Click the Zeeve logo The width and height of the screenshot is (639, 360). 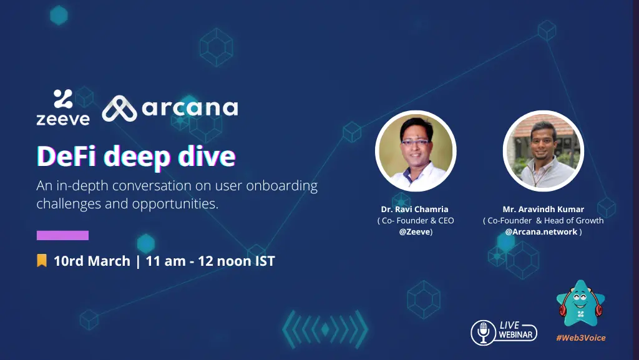tap(63, 107)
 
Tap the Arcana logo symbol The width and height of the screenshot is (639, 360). tap(119, 109)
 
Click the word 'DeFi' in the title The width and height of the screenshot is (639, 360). tap(67, 156)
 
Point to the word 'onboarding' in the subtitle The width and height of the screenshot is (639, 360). tap(281, 186)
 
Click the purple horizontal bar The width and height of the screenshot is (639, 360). tap(63, 235)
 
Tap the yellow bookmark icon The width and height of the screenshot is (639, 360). tap(42, 261)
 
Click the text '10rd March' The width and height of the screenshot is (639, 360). tap(92, 261)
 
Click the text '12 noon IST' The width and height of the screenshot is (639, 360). tap(237, 261)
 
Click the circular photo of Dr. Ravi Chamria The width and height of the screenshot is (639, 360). tap(416, 151)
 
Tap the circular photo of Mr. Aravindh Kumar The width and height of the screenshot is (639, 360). tap(544, 151)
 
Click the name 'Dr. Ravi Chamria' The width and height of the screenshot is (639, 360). tap(414, 209)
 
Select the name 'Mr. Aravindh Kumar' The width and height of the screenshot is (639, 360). tap(544, 209)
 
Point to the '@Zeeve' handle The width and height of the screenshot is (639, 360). tap(414, 231)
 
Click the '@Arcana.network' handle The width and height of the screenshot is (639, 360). tap(541, 231)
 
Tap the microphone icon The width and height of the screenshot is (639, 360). tap(484, 333)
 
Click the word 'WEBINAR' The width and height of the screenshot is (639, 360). tap(515, 335)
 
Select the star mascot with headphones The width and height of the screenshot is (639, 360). tap(581, 304)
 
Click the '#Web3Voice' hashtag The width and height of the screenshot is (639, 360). tap(581, 338)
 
